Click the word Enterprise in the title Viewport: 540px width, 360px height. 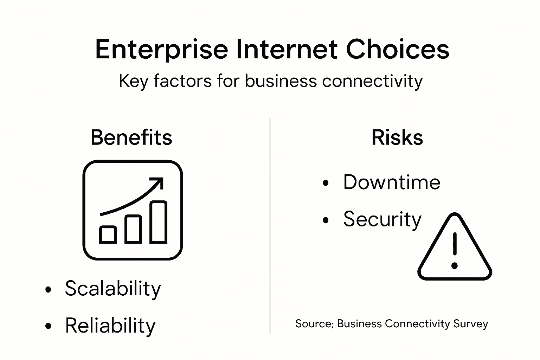point(161,49)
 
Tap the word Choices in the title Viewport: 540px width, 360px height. point(397,49)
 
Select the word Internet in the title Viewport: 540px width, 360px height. point(287,49)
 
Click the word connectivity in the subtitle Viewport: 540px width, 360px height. point(372,81)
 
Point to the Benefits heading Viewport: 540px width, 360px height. point(131,137)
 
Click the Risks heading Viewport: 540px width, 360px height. point(397,137)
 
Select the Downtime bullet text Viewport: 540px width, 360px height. point(392,182)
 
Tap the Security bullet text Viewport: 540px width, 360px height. point(382,219)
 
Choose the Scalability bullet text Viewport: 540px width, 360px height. point(113,289)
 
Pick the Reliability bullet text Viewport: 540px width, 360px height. point(110,326)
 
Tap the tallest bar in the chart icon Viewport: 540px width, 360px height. point(158,222)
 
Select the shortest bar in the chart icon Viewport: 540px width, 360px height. point(108,235)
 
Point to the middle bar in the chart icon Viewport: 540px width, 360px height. point(133,229)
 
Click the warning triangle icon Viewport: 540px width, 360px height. point(455,250)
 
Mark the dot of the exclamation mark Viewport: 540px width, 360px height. point(455,265)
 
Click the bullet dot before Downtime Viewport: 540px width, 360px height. point(326,183)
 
